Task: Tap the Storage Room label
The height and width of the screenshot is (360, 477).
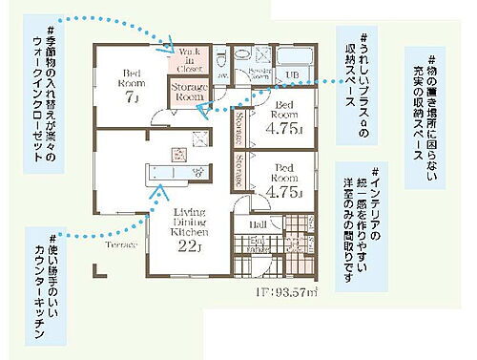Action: [189, 92]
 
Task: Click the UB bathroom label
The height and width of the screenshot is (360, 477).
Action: [294, 75]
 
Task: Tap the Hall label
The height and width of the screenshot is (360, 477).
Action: [259, 224]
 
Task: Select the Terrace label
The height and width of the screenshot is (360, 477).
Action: [120, 245]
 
